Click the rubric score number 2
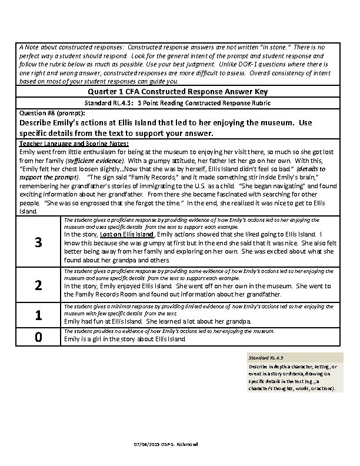click(38, 285)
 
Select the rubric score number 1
click(38, 315)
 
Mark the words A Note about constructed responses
click(71, 46)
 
